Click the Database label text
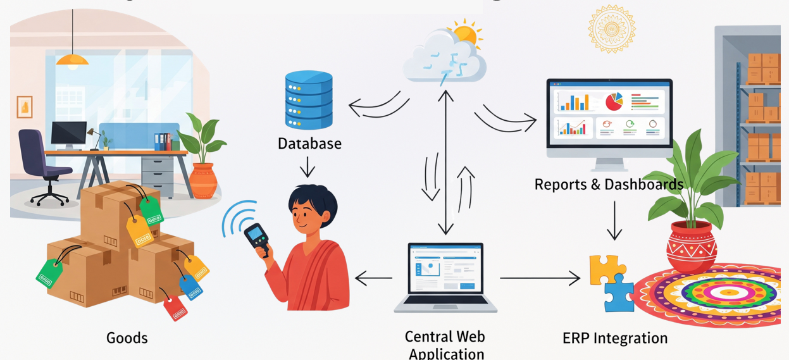[309, 144]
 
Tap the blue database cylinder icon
[309, 100]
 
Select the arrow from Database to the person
[308, 167]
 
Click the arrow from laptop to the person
[374, 277]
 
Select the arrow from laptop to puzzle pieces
[540, 277]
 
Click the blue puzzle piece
[619, 294]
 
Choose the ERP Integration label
[614, 338]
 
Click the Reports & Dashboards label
[608, 184]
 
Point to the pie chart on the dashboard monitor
[614, 101]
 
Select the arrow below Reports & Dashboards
[614, 221]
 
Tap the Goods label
[127, 338]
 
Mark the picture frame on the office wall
[25, 107]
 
